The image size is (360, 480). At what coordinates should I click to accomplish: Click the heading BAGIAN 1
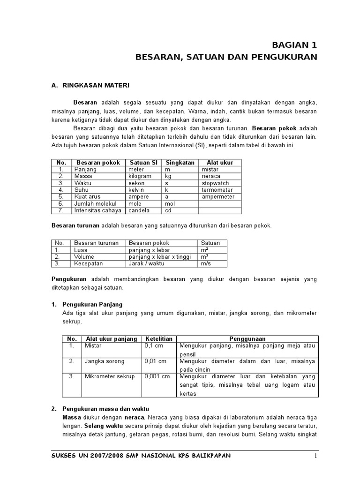(x=295, y=45)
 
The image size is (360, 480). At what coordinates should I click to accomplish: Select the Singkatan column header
(x=180, y=163)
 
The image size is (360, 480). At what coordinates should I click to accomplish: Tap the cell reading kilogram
(x=140, y=176)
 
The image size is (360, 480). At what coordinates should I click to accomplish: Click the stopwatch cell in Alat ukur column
(x=216, y=183)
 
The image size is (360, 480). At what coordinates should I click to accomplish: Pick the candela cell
(x=139, y=211)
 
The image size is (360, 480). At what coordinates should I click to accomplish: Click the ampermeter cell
(x=218, y=197)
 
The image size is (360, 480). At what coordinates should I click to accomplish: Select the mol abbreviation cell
(x=170, y=204)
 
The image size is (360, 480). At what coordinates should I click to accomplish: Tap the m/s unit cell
(x=206, y=264)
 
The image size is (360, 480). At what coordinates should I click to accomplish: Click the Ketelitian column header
(x=159, y=338)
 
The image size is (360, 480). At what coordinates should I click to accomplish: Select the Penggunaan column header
(x=247, y=338)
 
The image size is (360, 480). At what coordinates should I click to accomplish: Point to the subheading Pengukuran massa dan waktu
(x=105, y=409)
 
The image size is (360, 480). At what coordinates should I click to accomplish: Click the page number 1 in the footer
(x=316, y=456)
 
